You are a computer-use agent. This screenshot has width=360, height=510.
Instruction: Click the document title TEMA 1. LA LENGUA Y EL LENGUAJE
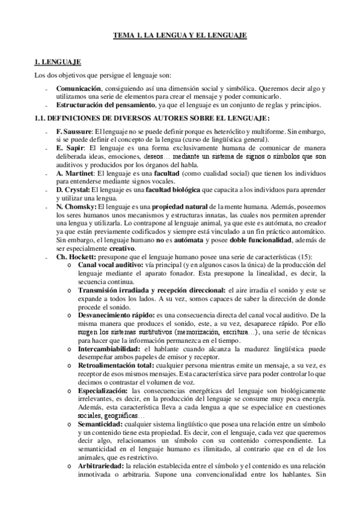point(180,36)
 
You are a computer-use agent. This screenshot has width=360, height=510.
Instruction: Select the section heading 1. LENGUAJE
point(55,62)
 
